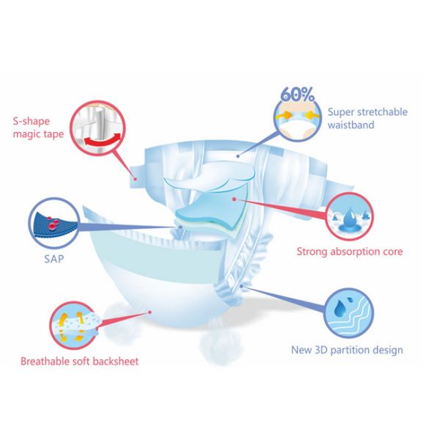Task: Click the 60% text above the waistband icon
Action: point(298,95)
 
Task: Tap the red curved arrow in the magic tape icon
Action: point(103,140)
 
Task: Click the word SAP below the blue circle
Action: point(54,259)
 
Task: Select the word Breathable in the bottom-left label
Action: point(45,361)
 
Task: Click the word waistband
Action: point(351,125)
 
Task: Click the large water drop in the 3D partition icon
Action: point(340,308)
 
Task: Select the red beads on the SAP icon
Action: point(52,223)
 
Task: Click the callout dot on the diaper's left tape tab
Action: point(135,179)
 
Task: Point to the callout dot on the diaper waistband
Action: point(238,156)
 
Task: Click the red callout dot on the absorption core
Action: point(234,199)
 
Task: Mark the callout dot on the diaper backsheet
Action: point(150,312)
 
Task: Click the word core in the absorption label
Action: point(392,252)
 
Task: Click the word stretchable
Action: point(383,111)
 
